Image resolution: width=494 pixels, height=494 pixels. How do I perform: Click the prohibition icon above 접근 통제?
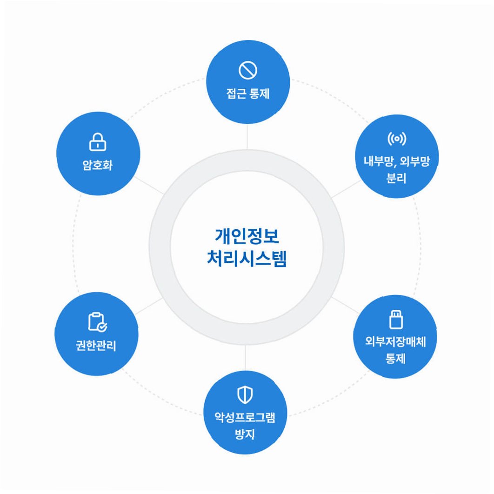[247, 71]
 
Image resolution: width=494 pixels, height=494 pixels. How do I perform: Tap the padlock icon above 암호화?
[98, 142]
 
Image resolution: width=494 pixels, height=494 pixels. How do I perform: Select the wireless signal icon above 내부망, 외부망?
[396, 139]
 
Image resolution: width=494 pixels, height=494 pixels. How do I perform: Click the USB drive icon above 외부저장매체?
[396, 320]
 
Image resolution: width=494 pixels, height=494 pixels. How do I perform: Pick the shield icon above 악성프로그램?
[245, 395]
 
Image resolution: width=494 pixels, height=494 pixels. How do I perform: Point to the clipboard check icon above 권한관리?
[97, 322]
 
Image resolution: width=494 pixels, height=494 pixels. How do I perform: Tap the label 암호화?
[98, 166]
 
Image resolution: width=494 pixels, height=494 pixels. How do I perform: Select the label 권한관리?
[96, 346]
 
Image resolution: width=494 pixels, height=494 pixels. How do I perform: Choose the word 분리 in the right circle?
[396, 179]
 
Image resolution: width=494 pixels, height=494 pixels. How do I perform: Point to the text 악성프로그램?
[245, 418]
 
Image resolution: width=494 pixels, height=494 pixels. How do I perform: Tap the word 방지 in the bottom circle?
[245, 435]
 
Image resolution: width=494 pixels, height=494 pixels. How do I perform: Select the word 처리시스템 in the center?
[247, 259]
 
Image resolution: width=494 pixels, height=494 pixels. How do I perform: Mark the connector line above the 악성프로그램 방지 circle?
[245, 358]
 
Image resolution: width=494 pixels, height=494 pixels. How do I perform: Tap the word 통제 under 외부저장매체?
[395, 359]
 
